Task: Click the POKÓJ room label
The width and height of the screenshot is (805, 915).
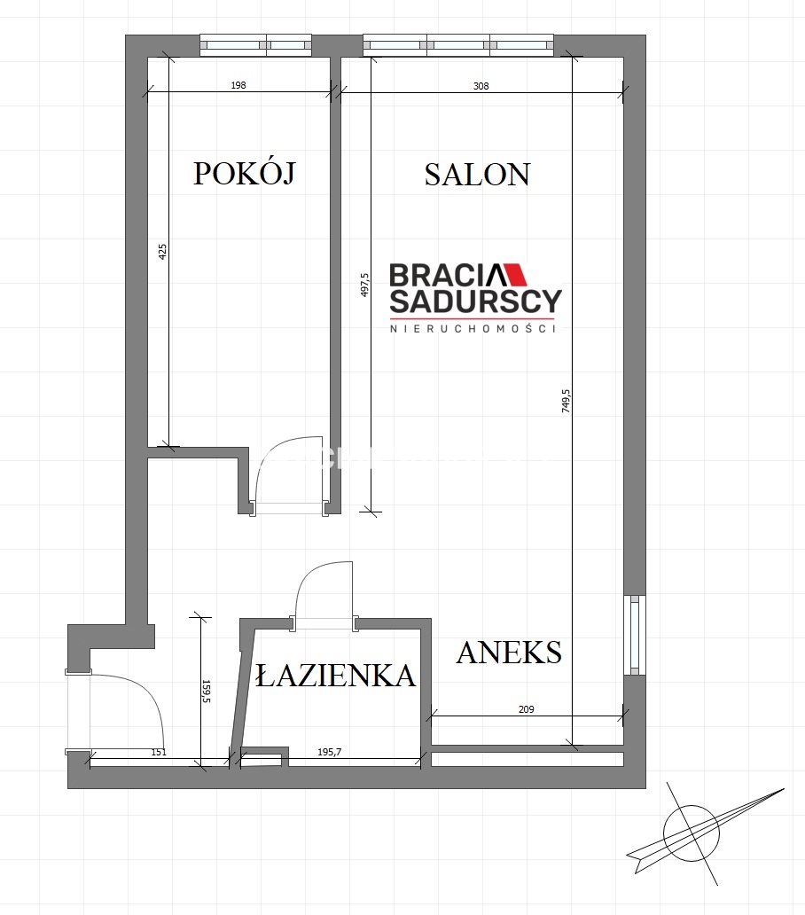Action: point(245,173)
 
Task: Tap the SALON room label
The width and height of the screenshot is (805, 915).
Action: point(477,175)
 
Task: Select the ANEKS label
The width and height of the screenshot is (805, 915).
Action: point(509,653)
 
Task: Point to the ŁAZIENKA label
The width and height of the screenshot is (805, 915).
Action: point(335,675)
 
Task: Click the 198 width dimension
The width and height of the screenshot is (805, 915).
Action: point(238,85)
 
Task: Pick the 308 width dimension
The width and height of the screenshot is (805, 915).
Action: point(481,86)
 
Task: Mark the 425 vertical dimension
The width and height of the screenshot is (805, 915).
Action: point(163,252)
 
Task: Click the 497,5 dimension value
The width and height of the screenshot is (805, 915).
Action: point(364,285)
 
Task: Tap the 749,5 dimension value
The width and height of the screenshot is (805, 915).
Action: point(566,402)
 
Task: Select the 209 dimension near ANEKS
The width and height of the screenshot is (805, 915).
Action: point(526,709)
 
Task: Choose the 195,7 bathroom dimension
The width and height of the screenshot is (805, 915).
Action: point(329,752)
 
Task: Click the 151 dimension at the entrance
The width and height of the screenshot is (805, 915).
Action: point(159,752)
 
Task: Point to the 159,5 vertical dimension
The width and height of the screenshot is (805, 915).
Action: point(206,691)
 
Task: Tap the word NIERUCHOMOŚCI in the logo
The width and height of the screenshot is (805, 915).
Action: point(473,329)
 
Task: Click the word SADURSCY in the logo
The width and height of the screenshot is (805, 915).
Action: point(475,301)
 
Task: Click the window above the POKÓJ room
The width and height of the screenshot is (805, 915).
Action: point(255,45)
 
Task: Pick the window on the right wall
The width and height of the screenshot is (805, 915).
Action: point(635,635)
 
